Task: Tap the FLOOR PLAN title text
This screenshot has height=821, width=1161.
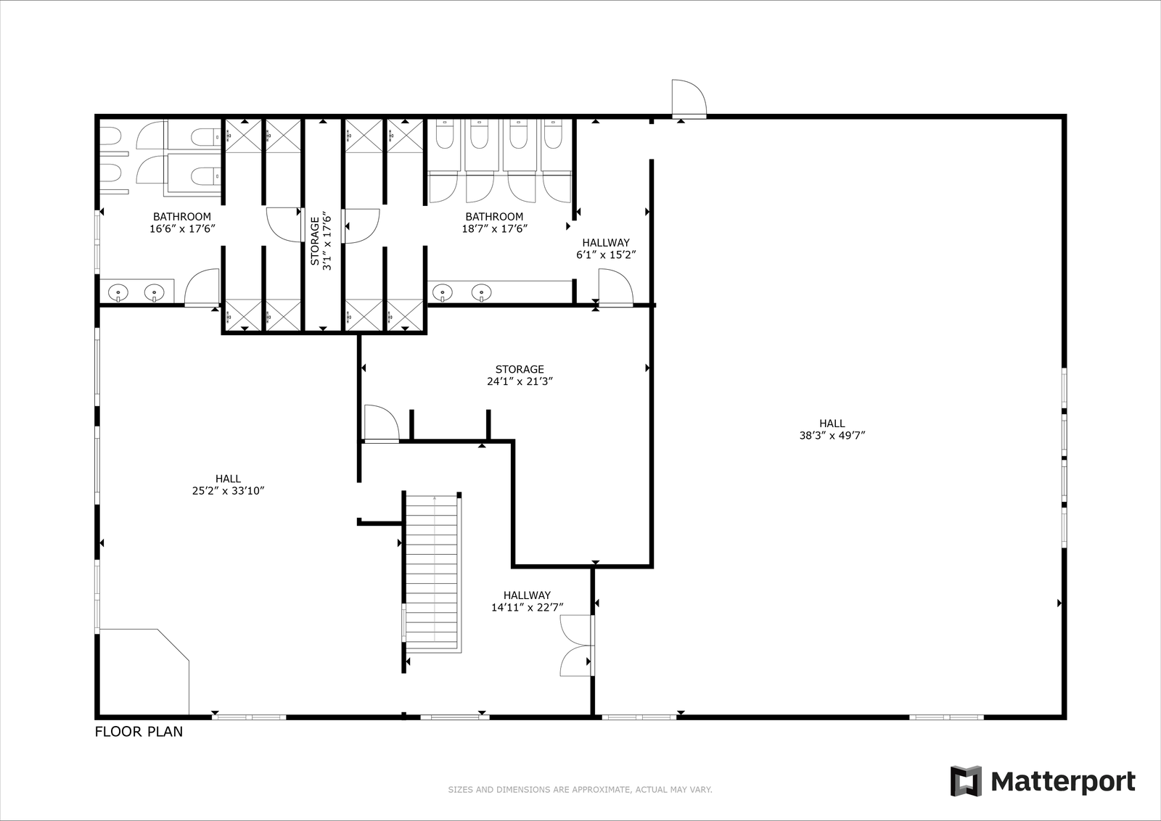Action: (x=139, y=732)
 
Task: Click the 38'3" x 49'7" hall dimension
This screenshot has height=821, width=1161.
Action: (x=832, y=436)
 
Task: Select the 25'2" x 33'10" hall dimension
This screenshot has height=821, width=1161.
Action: (x=228, y=491)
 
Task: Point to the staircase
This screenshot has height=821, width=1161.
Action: (x=432, y=572)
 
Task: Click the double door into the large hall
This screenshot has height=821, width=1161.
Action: (x=577, y=645)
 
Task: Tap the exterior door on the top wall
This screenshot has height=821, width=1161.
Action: (x=689, y=99)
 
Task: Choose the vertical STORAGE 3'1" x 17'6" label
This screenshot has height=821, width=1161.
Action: (x=320, y=241)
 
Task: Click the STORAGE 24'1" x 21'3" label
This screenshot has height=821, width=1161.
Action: (x=520, y=376)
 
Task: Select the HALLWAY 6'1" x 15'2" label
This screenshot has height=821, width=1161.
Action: (x=606, y=249)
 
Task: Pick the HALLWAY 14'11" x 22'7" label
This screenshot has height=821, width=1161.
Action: (x=527, y=601)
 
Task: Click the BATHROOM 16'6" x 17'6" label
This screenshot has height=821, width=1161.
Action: (x=182, y=223)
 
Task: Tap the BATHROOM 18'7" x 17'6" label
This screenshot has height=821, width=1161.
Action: (x=494, y=223)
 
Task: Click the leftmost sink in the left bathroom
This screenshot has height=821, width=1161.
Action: (x=119, y=293)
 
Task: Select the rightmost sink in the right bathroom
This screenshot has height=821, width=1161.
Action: (x=482, y=293)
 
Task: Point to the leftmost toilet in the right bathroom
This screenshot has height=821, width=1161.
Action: (x=446, y=133)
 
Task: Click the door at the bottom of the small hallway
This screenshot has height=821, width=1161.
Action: (x=616, y=287)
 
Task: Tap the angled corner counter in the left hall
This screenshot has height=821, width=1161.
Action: (x=144, y=672)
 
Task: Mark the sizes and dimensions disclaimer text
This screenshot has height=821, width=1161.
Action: (x=580, y=790)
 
